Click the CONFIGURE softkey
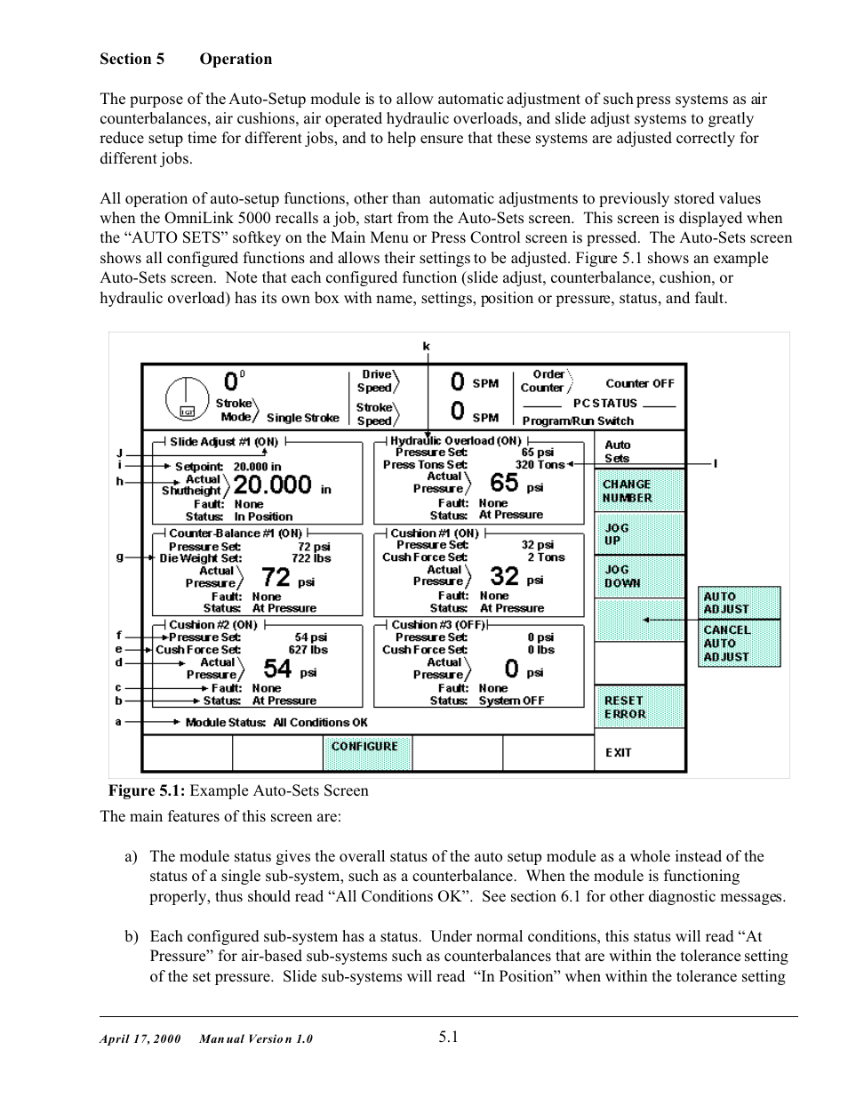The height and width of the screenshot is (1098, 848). tap(365, 747)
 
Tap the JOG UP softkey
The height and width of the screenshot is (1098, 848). tap(639, 534)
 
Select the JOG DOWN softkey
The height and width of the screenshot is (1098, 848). tap(639, 576)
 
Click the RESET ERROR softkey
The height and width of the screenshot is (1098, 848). tap(639, 707)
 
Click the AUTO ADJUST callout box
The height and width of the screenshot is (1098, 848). tap(739, 603)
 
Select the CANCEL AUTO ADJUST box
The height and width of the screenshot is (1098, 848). tap(739, 644)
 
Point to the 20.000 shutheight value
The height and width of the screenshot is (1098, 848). tap(272, 485)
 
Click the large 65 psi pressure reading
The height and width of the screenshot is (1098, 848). tap(504, 483)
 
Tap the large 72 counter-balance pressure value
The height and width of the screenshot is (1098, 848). tap(276, 578)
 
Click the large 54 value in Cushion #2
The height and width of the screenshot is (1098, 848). tap(277, 669)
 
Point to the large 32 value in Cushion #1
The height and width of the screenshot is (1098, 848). tap(504, 576)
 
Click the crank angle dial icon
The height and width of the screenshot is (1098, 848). tap(187, 398)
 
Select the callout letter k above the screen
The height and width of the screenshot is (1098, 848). tap(426, 346)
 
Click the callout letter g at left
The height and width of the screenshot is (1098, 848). tap(119, 557)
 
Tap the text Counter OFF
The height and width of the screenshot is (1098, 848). tap(640, 383)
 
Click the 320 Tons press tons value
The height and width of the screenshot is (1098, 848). tap(539, 464)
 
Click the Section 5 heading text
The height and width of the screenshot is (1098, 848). tap(132, 60)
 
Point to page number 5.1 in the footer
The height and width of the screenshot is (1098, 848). tap(448, 1036)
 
